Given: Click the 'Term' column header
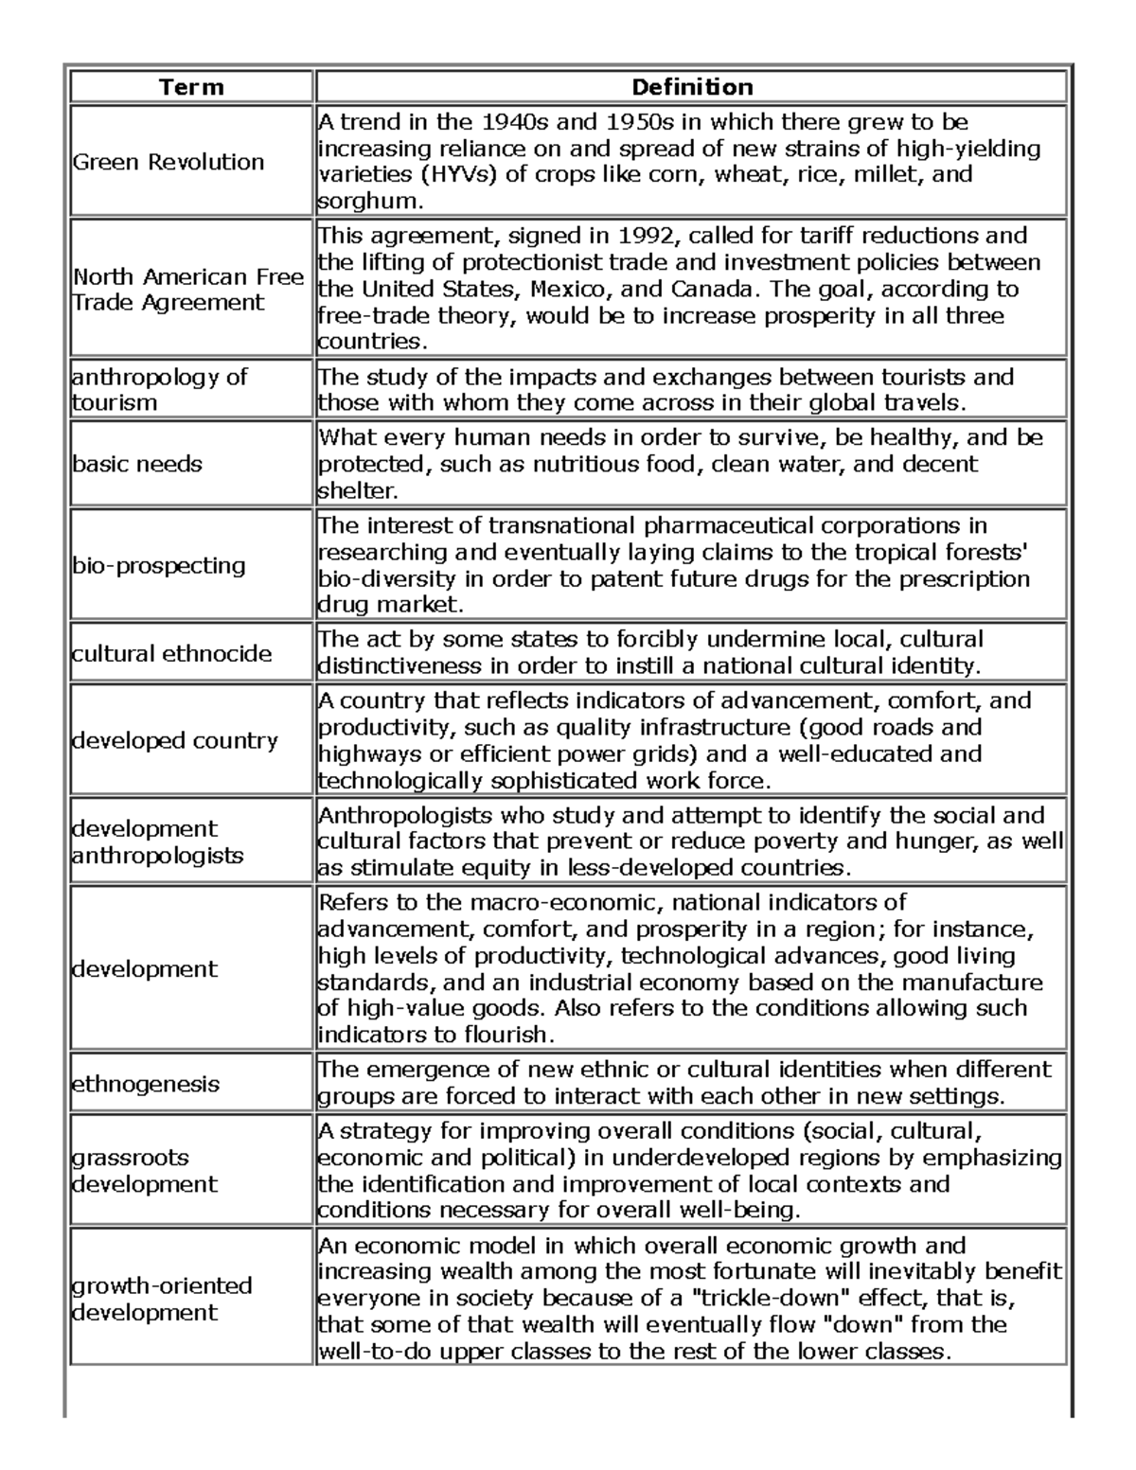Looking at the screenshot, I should pyautogui.click(x=191, y=88).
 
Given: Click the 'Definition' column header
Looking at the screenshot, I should pyautogui.click(x=691, y=88).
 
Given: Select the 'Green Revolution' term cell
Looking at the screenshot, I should pyautogui.click(x=169, y=162).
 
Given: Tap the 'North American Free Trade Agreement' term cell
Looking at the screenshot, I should pyautogui.click(x=188, y=290).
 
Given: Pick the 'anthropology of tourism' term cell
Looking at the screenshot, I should pyautogui.click(x=159, y=389).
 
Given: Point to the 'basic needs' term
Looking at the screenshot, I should pyautogui.click(x=138, y=464).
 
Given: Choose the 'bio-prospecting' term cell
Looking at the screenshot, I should pyautogui.click(x=159, y=565).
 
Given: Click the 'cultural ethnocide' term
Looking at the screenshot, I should pyautogui.click(x=172, y=653).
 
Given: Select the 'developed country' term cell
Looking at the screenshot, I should pyautogui.click(x=175, y=740).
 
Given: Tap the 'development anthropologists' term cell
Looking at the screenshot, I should pyautogui.click(x=158, y=841).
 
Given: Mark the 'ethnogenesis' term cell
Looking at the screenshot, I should pyautogui.click(x=146, y=1083).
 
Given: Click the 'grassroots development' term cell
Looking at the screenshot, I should pyautogui.click(x=145, y=1171).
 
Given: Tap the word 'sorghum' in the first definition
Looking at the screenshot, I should pyautogui.click(x=364, y=201).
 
